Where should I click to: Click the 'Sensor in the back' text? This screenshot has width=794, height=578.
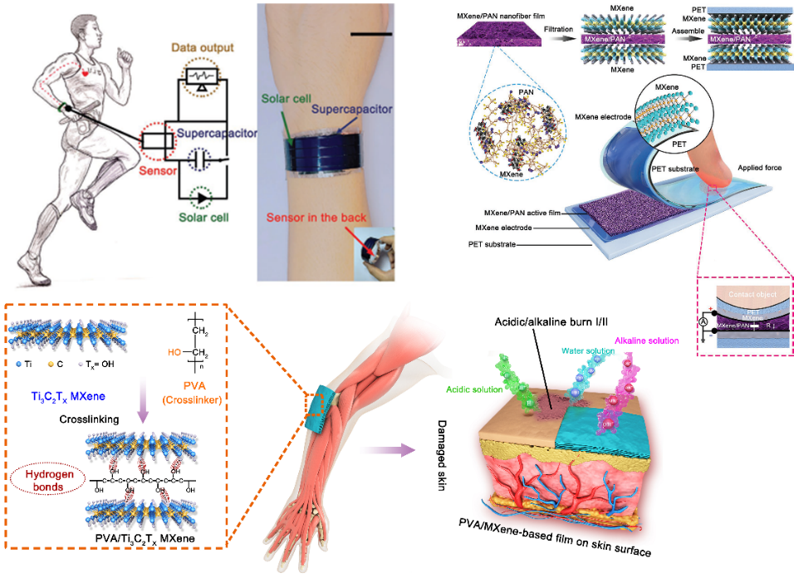tap(308, 217)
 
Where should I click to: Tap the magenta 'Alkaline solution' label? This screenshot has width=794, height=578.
tap(647, 341)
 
